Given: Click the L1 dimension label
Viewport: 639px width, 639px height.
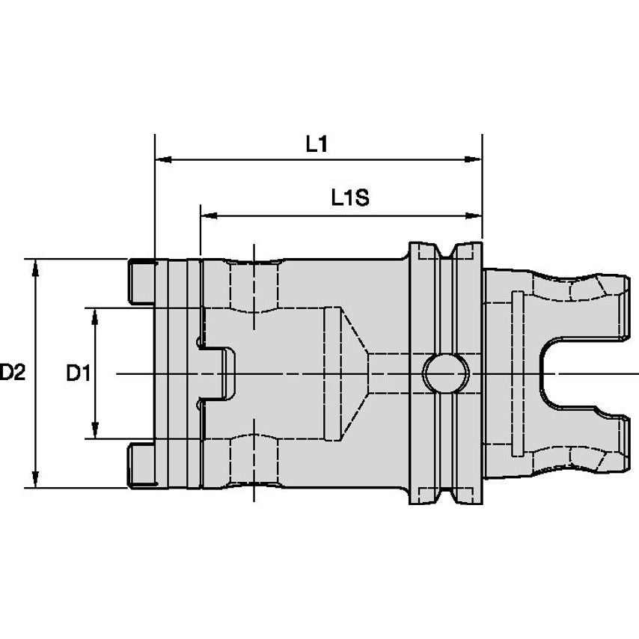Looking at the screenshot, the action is pyautogui.click(x=317, y=144).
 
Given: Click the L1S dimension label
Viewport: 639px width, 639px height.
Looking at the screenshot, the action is pyautogui.click(x=350, y=198).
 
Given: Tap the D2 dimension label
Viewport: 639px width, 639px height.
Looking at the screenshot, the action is pyautogui.click(x=12, y=373).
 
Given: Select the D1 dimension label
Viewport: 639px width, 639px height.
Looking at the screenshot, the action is pyautogui.click(x=79, y=373).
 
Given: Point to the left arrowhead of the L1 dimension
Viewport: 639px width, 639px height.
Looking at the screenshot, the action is pyautogui.click(x=163, y=159).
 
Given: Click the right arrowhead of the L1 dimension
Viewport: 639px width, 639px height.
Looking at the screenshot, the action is pyautogui.click(x=474, y=159).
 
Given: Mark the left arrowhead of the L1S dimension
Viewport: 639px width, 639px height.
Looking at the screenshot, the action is pyautogui.click(x=209, y=215).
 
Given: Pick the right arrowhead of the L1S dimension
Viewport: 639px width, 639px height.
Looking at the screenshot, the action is pyautogui.click(x=474, y=215).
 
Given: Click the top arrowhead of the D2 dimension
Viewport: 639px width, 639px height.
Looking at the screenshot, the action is pyautogui.click(x=36, y=267).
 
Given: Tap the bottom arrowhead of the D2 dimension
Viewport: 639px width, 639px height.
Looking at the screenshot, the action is pyautogui.click(x=36, y=479).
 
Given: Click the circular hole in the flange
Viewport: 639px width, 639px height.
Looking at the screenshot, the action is pyautogui.click(x=446, y=373).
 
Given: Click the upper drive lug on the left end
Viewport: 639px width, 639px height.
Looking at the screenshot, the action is pyautogui.click(x=141, y=281).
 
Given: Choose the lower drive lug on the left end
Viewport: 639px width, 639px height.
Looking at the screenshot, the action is pyautogui.click(x=141, y=465).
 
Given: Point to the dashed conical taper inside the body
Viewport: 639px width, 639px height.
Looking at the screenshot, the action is pyautogui.click(x=355, y=373).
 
